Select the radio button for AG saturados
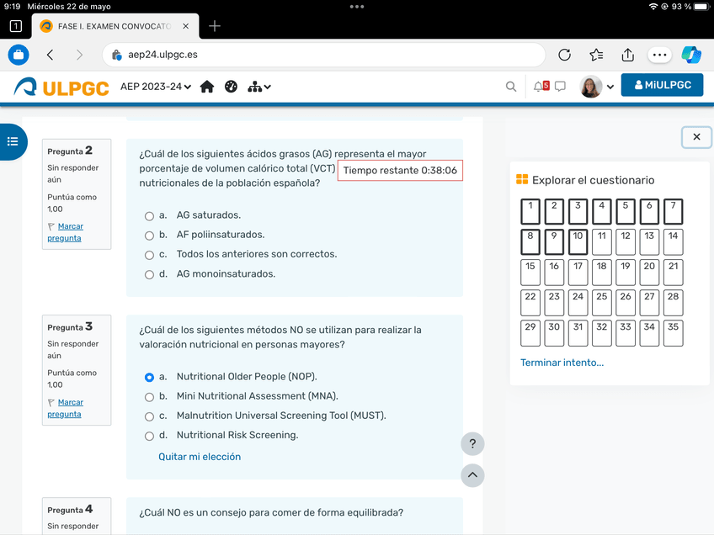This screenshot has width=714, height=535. pos(149,216)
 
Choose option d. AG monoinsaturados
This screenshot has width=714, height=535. pos(149,274)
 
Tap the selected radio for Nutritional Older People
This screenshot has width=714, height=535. pos(149,378)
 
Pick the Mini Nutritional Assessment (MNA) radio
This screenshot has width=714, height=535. pos(149,397)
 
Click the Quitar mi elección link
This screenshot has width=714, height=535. pos(200,457)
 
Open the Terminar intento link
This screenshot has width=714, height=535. pos(562,363)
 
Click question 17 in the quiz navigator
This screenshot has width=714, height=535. pos(578,272)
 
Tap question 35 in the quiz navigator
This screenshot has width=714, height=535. pos(673,332)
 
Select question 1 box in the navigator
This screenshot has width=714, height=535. pos(530,211)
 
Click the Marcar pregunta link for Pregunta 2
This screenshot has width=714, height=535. pos(65,232)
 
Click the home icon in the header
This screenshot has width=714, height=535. pos(207,87)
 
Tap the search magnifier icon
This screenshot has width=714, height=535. pos(511,87)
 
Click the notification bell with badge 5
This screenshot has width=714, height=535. pos(541,86)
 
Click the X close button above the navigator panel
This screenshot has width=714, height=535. pos(696,137)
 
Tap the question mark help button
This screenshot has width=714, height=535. pos(472,444)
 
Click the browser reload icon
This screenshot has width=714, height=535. pos(565,55)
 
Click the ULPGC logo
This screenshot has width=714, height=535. pos(62,87)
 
